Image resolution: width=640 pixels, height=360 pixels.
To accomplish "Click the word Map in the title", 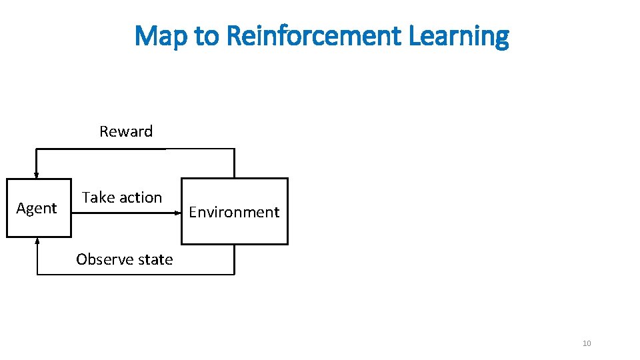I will (162, 36).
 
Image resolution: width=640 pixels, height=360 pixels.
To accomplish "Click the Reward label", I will (126, 131).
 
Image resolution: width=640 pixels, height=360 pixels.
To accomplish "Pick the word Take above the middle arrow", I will (98, 197).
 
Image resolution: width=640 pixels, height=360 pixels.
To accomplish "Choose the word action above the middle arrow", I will (140, 197).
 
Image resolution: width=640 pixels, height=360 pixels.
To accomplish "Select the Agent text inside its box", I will (37, 208).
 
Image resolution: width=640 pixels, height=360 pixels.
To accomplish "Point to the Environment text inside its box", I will (234, 212).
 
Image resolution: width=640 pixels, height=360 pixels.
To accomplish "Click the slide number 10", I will (587, 343).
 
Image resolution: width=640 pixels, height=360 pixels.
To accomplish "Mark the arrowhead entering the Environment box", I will (179, 213).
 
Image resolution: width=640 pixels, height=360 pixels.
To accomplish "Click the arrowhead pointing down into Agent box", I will (37, 175).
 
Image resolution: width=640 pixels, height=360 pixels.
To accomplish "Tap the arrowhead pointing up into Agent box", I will (37, 241).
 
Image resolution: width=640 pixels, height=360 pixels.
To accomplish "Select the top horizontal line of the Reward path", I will (133, 149).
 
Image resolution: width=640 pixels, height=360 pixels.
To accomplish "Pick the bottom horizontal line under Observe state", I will (133, 274).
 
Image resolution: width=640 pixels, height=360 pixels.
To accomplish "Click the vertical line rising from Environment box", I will (235, 163).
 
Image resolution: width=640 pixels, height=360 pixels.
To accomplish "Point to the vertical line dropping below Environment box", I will (235, 259).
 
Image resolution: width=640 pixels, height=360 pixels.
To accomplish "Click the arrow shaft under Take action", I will (123, 213).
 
